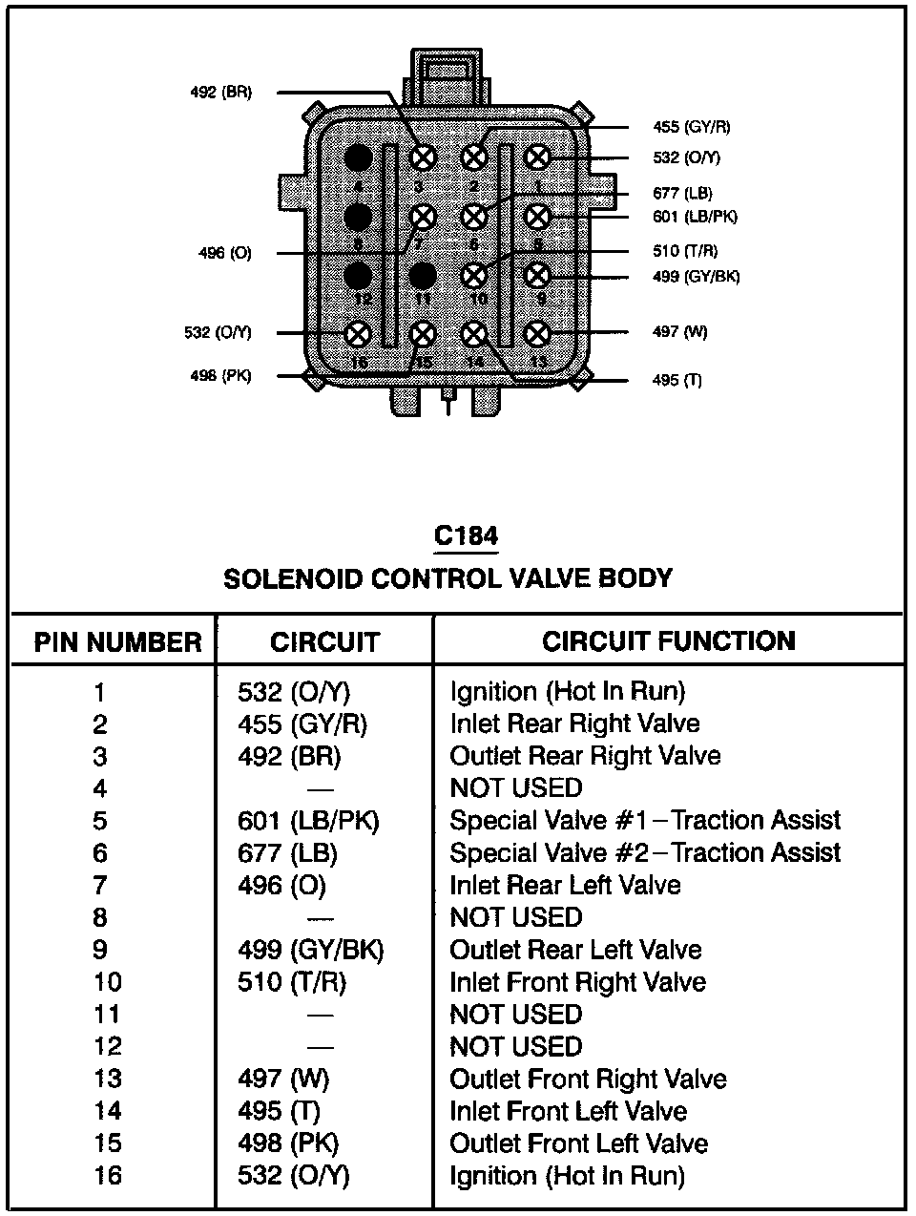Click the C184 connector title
click(466, 536)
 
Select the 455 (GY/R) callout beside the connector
click(692, 127)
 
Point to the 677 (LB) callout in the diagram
click(682, 193)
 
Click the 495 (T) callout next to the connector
click(677, 380)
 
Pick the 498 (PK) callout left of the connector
click(220, 376)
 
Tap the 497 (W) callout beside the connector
click(680, 332)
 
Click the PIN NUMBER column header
click(117, 642)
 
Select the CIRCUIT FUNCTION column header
click(668, 640)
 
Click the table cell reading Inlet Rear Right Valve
click(574, 724)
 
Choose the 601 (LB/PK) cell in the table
click(308, 821)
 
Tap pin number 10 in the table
click(107, 982)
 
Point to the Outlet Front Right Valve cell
click(588, 1080)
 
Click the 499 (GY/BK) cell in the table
click(310, 950)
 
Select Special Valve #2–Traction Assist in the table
click(645, 853)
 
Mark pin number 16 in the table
click(107, 1176)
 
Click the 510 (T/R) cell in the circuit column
click(291, 982)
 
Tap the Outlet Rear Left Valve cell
click(575, 951)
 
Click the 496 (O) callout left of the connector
click(224, 254)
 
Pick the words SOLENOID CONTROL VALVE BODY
click(448, 578)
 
